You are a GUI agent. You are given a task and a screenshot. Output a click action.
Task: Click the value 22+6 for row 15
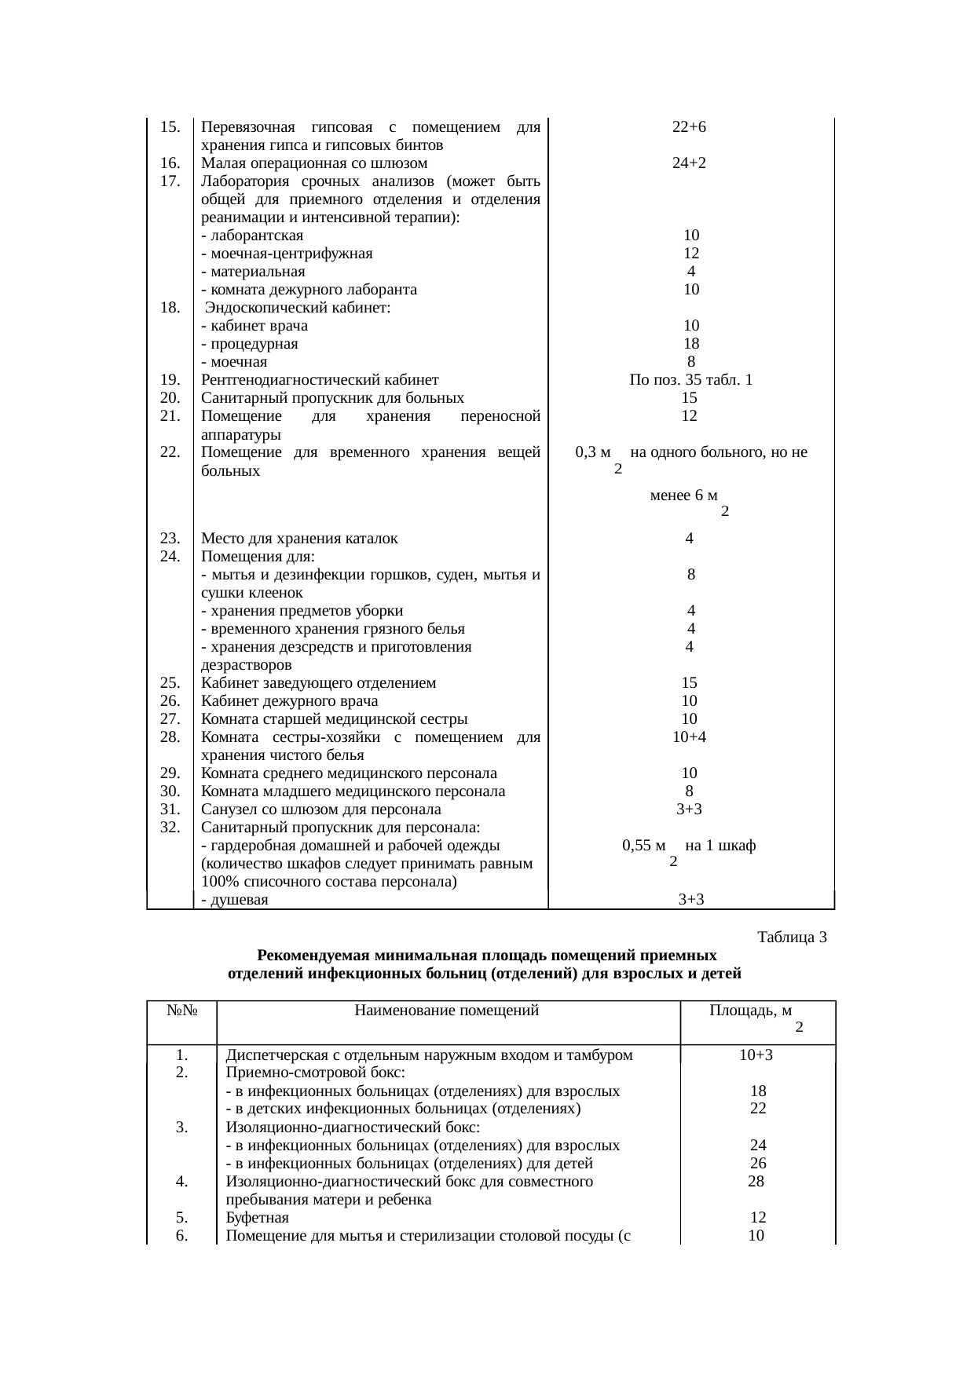click(x=690, y=127)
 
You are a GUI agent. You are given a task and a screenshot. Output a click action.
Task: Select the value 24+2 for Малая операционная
click(x=690, y=163)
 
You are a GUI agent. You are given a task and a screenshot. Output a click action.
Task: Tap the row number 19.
click(x=170, y=380)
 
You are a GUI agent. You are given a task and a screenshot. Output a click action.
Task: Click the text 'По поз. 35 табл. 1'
click(x=690, y=380)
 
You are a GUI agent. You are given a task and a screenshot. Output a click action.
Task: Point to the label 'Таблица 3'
click(x=792, y=937)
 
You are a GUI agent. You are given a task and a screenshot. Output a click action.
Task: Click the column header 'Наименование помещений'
click(x=446, y=1011)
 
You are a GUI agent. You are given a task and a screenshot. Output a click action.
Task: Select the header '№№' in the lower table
click(x=181, y=1011)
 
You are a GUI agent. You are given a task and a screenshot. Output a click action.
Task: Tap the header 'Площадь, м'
click(x=750, y=1011)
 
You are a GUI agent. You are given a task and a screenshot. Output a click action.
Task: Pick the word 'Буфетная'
click(x=257, y=1218)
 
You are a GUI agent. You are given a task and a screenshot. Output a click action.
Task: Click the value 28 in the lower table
click(x=756, y=1181)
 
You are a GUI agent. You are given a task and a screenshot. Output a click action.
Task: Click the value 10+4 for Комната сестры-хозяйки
click(x=690, y=737)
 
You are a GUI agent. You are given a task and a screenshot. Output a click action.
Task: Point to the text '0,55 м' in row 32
click(x=643, y=846)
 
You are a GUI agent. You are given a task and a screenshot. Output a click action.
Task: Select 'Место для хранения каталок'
click(x=299, y=539)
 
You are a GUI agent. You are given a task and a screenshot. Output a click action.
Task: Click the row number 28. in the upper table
click(x=170, y=737)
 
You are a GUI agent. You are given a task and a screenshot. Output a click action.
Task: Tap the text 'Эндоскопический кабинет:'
click(x=298, y=308)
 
